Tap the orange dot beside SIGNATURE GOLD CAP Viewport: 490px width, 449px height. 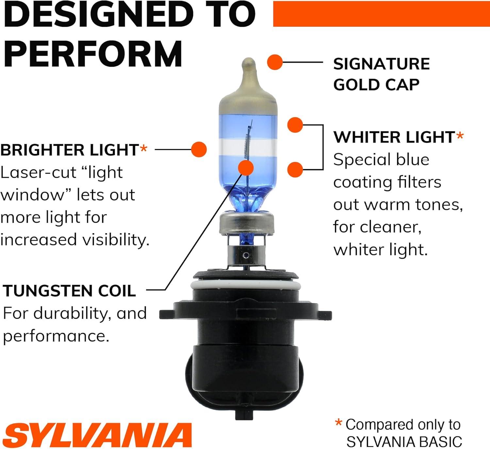275,62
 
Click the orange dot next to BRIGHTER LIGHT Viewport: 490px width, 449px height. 199,149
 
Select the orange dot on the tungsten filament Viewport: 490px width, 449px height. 246,168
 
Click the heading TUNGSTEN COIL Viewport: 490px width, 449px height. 69,291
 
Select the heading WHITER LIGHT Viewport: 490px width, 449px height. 394,137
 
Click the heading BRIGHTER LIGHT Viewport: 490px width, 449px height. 69,150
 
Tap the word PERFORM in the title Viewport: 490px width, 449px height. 93,54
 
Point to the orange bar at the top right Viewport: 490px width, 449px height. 381,14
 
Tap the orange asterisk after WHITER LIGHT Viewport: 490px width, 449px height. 460,136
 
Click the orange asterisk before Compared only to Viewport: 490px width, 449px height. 339,423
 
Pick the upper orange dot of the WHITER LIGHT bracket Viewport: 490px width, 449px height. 295,125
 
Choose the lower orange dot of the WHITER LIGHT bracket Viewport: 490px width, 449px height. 295,169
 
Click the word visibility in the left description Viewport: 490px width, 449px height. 115,240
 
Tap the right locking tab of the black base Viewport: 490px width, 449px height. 325,315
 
